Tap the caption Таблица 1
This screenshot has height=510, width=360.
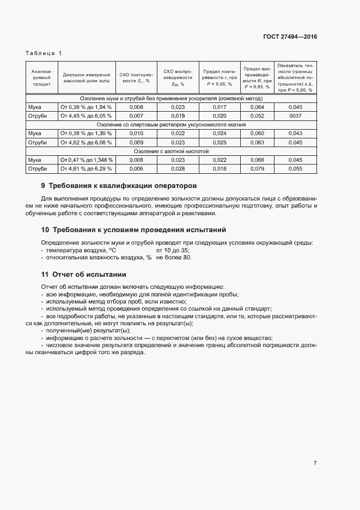pos(44,53)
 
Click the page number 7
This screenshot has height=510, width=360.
pos(315,463)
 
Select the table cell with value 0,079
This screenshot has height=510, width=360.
pos(257,169)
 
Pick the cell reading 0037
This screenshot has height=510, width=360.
pos(295,116)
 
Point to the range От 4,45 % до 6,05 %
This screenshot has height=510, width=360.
pos(86,116)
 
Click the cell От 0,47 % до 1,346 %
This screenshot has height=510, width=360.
pos(87,160)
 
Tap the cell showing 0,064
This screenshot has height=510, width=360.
pos(257,107)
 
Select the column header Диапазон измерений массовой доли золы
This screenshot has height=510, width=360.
pos(87,77)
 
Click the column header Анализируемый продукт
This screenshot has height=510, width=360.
pos(41,77)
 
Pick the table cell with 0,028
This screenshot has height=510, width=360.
pos(178,169)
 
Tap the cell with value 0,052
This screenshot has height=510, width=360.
pos(257,116)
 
